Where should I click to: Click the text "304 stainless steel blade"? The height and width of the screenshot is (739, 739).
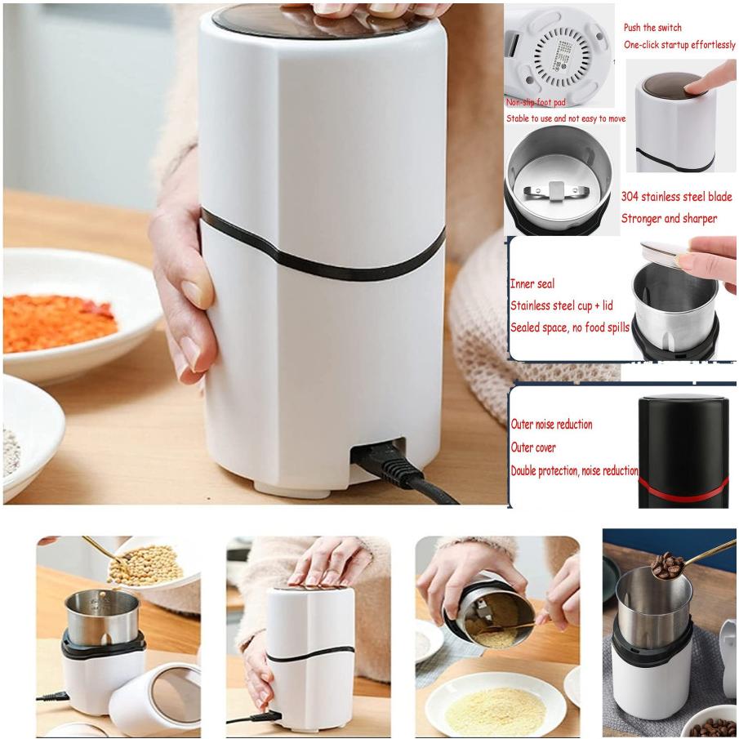(676, 197)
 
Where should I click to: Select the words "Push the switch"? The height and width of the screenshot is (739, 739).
(652, 27)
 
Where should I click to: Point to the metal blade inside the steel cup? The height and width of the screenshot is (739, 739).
(556, 191)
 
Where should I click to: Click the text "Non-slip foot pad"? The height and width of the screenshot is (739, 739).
(536, 102)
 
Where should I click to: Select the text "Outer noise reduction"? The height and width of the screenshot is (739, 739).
(551, 424)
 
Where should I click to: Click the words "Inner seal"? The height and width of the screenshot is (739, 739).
(532, 283)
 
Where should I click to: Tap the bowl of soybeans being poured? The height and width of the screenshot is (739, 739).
(151, 563)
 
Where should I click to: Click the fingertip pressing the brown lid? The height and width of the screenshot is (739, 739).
(692, 87)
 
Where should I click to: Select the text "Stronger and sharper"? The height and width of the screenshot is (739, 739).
(669, 219)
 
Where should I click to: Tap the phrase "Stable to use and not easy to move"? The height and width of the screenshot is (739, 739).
(566, 118)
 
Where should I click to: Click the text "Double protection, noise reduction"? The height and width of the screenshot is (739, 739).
(575, 470)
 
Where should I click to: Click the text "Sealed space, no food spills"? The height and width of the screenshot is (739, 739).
(570, 327)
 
